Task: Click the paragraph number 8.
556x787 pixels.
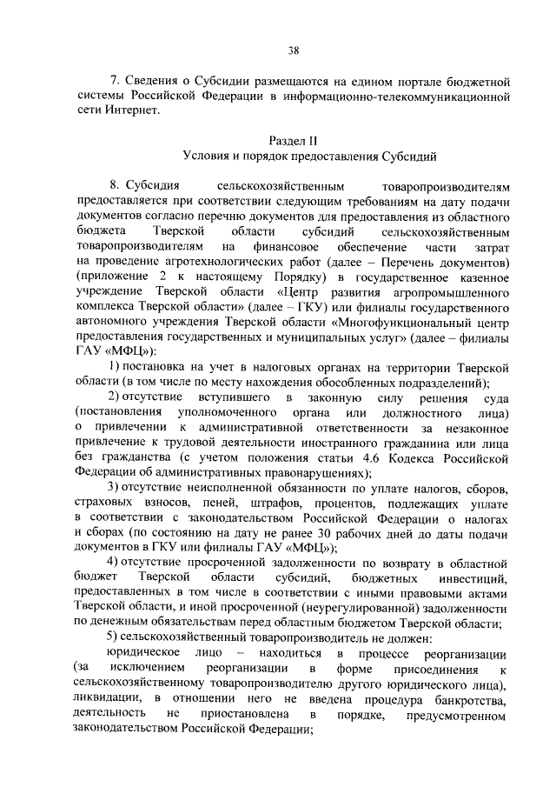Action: [x=113, y=187]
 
